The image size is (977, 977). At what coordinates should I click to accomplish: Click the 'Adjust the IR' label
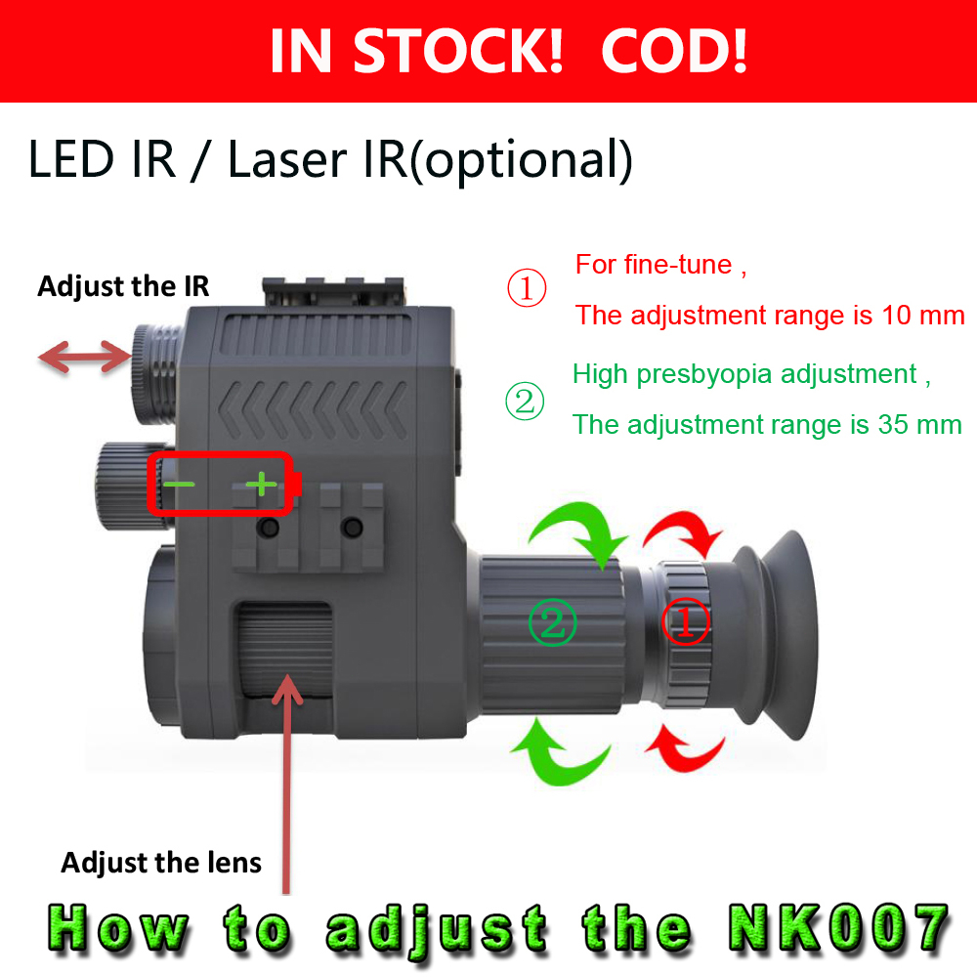pos(123,286)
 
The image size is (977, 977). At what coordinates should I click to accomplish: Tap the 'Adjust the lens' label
pos(161,863)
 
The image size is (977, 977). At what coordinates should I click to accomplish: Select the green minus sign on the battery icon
pos(179,483)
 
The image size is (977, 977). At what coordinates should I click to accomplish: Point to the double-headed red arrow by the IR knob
pos(84,359)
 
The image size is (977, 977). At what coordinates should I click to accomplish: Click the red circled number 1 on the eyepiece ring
pos(686,622)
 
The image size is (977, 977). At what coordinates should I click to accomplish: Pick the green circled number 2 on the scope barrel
pos(553,622)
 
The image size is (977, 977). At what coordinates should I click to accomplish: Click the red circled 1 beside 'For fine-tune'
pos(527,290)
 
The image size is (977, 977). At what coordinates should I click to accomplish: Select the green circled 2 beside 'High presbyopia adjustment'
pos(525,402)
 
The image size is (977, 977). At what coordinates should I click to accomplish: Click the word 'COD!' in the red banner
pos(674,51)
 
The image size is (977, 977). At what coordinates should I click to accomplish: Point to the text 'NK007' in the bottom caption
pos(839,927)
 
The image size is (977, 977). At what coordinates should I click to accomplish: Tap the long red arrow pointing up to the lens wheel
pos(286,782)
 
